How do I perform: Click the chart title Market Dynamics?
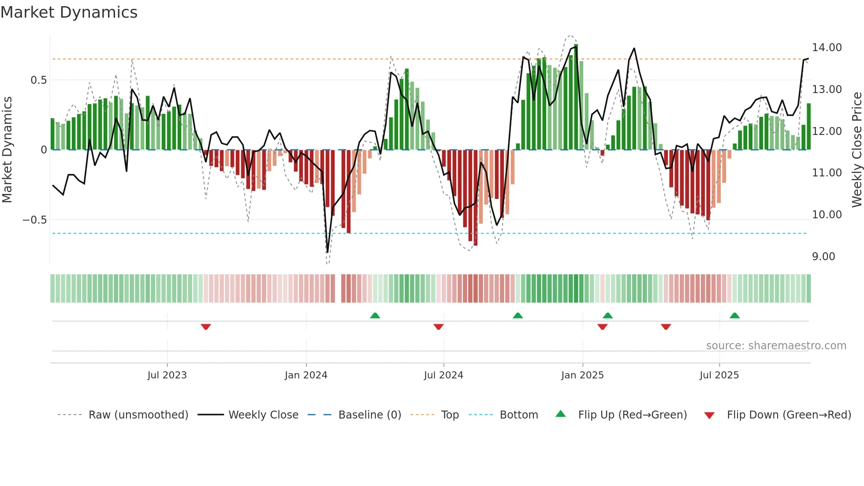[69, 12]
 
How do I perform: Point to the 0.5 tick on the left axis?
[38, 80]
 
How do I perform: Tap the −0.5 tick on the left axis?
[34, 220]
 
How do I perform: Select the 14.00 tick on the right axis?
[827, 48]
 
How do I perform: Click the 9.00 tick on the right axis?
[823, 257]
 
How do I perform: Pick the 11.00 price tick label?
[827, 173]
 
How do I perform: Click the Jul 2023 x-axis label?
[167, 375]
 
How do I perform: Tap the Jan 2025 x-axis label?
[582, 375]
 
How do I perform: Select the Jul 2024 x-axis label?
[443, 375]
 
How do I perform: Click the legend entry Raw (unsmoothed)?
[138, 415]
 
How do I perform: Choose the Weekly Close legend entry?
[263, 415]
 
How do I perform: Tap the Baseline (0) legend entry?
[369, 415]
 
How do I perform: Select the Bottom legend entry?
[518, 415]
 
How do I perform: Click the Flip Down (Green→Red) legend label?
[789, 415]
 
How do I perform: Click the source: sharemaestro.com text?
[776, 346]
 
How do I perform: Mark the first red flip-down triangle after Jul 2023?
[206, 327]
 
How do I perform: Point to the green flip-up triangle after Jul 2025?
[734, 315]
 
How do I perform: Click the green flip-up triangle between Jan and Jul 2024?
[375, 315]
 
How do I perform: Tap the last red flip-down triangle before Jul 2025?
[666, 327]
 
